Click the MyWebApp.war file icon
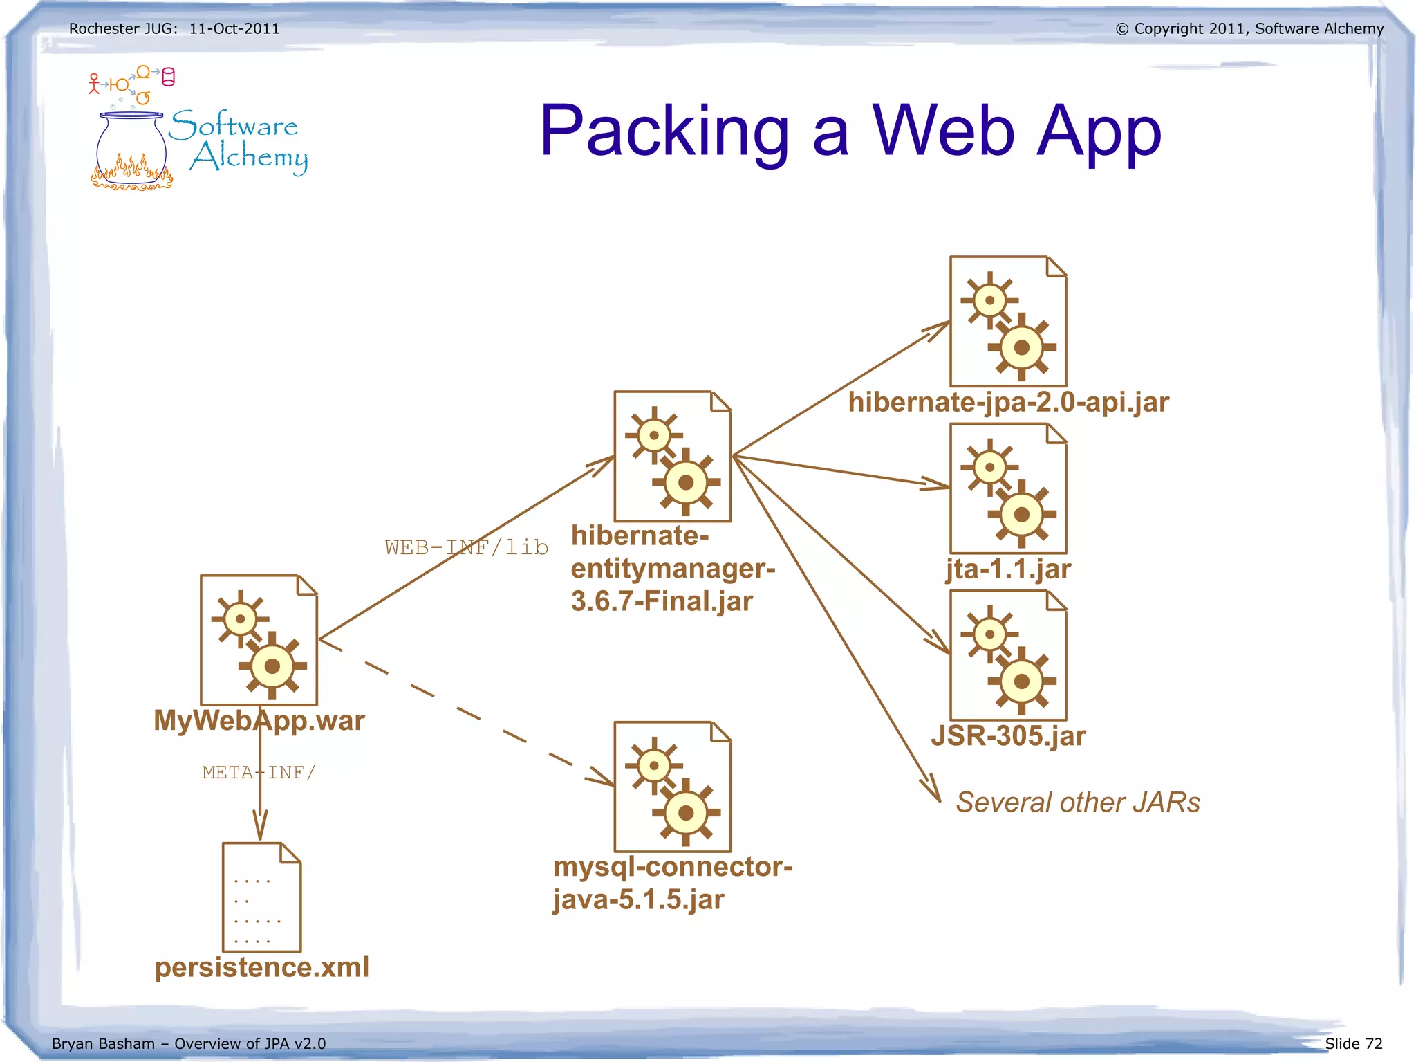[259, 640]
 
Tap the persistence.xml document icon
[261, 897]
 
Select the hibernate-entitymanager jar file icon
[672, 457]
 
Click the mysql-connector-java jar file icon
[672, 787]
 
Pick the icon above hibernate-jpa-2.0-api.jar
[1008, 322]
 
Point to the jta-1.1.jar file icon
[1008, 488]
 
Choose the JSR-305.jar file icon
[1008, 655]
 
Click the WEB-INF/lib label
[467, 547]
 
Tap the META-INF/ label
[259, 772]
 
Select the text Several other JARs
[1077, 803]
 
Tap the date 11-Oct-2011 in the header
[234, 29]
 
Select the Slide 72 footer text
[1353, 1043]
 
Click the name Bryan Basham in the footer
[103, 1043]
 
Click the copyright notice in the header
[1249, 29]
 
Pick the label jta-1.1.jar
[1008, 569]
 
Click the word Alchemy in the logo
[249, 158]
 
